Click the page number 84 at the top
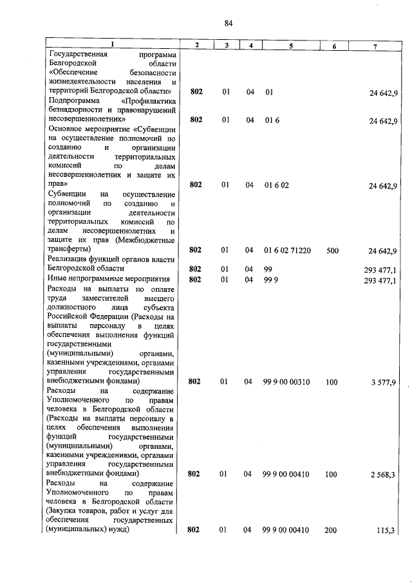tap(229, 24)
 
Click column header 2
tap(197, 45)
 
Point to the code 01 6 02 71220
tap(288, 250)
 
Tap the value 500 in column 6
tap(332, 250)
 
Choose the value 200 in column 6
tap(332, 530)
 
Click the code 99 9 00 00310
tap(287, 382)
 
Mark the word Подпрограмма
tap(72, 101)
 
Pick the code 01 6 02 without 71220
tap(277, 185)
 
